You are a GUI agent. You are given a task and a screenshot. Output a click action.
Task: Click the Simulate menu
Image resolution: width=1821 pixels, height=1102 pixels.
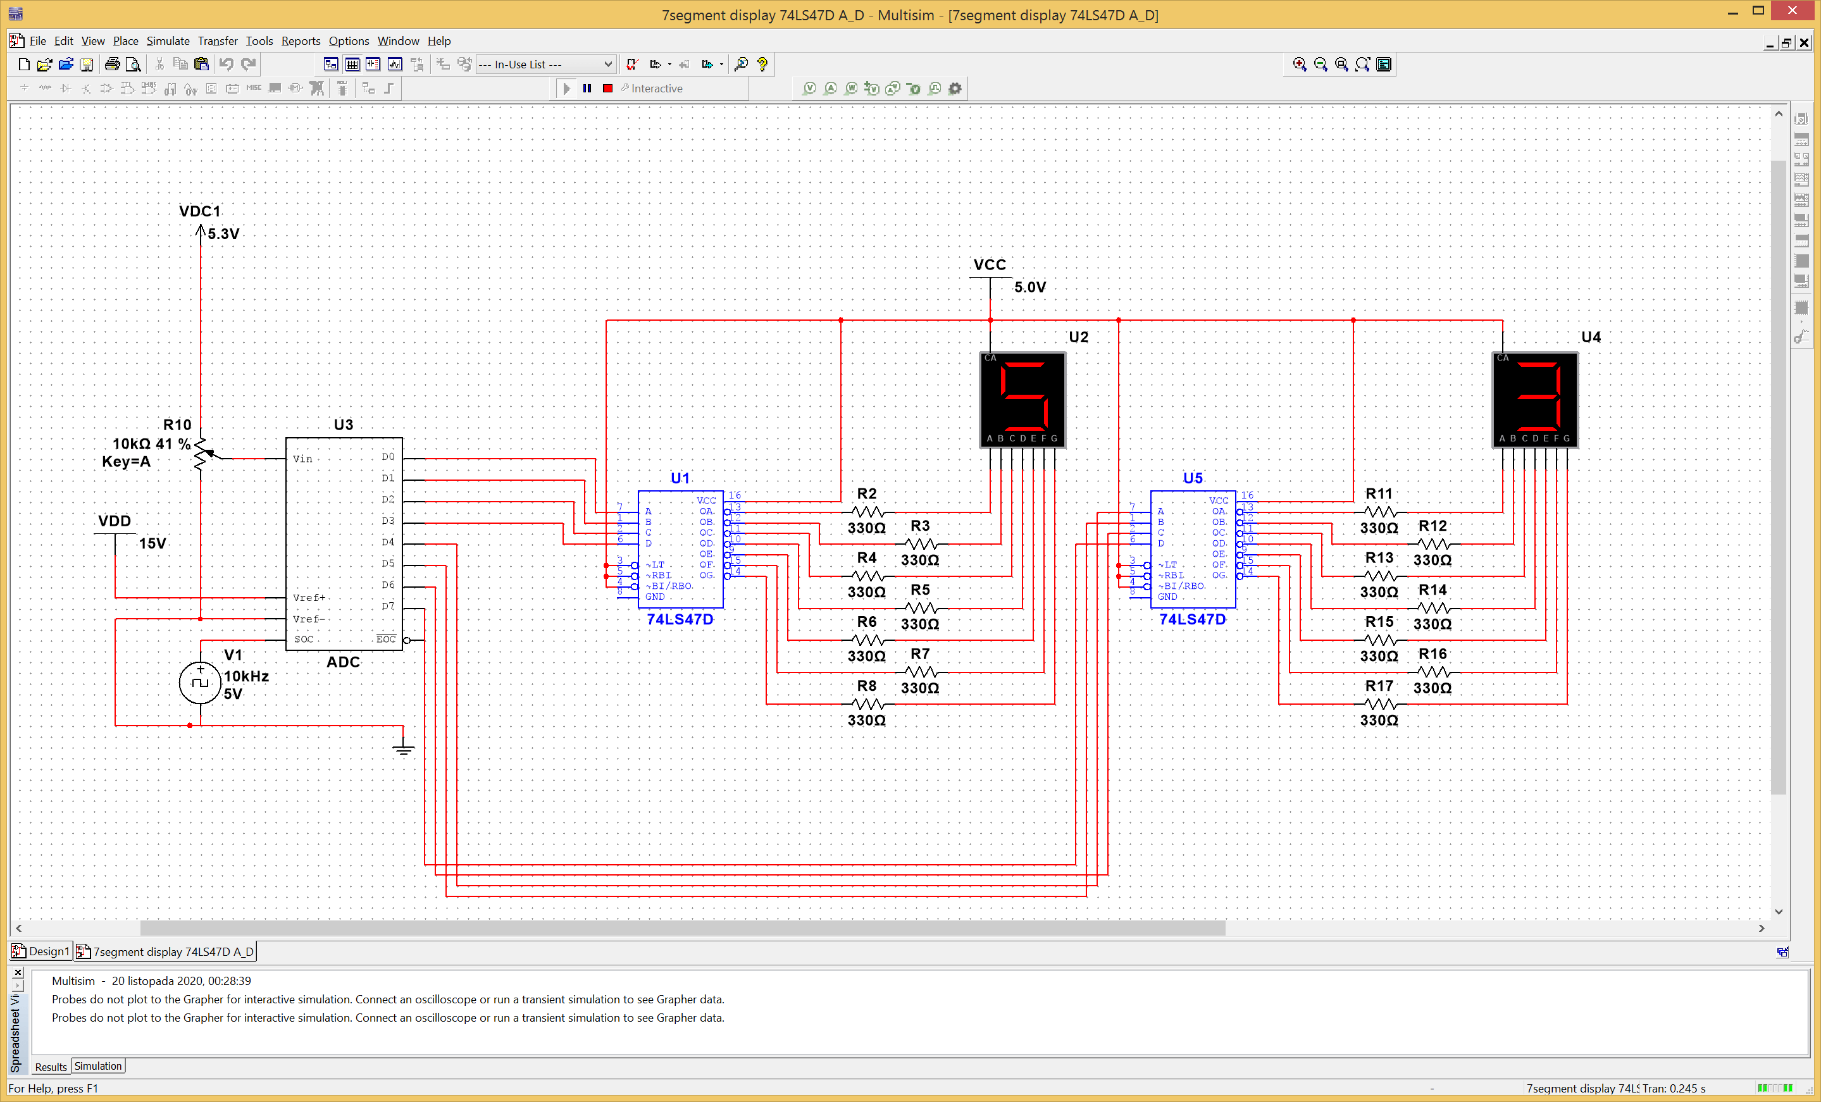pyautogui.click(x=168, y=40)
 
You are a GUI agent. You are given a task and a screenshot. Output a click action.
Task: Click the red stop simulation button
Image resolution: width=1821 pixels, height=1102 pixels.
pyautogui.click(x=607, y=88)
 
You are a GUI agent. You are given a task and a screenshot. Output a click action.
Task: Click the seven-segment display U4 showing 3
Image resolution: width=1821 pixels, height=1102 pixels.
pyautogui.click(x=1535, y=399)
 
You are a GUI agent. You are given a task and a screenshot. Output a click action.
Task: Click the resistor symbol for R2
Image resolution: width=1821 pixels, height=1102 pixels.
pyautogui.click(x=867, y=511)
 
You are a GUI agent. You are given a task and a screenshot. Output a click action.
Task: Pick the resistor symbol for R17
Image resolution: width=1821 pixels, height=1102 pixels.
pyautogui.click(x=1379, y=703)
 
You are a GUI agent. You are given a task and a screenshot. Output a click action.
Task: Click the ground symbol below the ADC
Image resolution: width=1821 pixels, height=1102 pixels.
pyautogui.click(x=404, y=749)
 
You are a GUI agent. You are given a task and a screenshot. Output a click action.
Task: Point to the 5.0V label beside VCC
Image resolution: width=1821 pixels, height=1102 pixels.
pyautogui.click(x=1029, y=287)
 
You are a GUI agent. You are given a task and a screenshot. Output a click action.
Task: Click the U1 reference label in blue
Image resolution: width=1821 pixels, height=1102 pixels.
pyautogui.click(x=679, y=478)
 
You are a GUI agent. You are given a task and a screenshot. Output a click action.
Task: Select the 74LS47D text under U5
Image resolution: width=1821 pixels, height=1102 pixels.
pyautogui.click(x=1192, y=619)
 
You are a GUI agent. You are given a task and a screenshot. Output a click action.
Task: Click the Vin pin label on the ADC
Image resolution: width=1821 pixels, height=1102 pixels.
pyautogui.click(x=302, y=459)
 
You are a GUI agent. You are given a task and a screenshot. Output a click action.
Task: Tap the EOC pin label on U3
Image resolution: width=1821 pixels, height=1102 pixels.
pyautogui.click(x=386, y=640)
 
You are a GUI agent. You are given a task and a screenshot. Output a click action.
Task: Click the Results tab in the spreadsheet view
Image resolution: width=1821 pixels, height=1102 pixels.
pyautogui.click(x=50, y=1067)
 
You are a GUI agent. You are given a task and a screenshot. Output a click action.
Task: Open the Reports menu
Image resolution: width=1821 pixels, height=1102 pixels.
pyautogui.click(x=300, y=40)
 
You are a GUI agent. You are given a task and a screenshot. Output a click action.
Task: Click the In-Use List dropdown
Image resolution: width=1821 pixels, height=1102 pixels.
pyautogui.click(x=545, y=65)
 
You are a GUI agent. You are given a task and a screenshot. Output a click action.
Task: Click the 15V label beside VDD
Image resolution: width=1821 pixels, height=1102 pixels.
pyautogui.click(x=152, y=543)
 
